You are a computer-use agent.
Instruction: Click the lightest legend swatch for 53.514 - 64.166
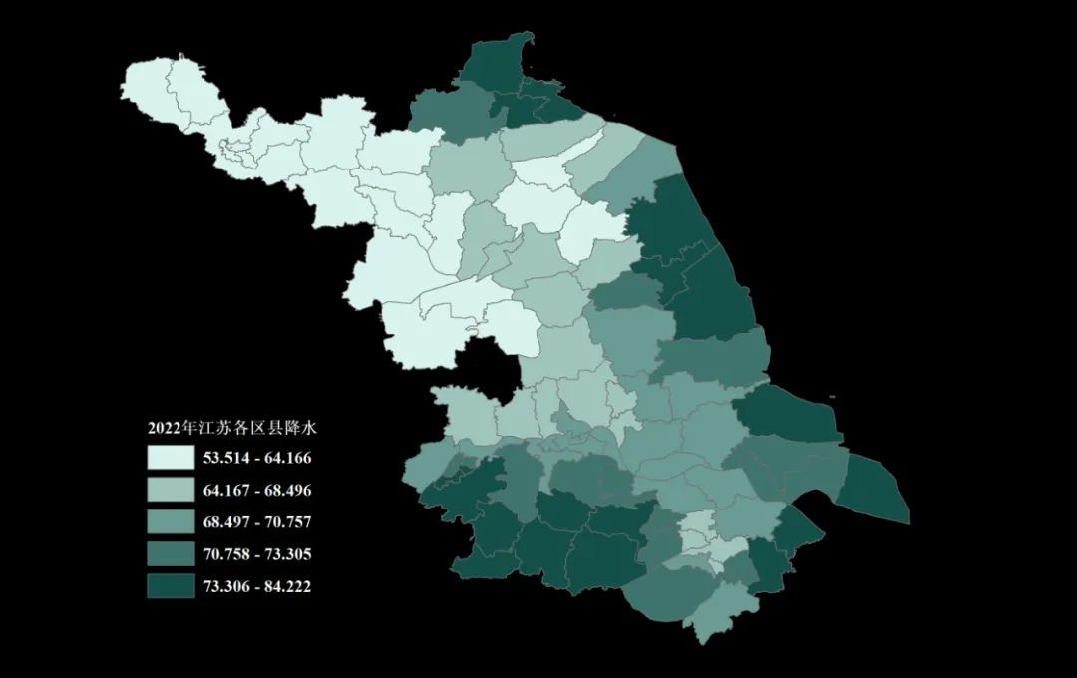click(171, 459)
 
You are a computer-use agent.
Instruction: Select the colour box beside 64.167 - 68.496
click(171, 491)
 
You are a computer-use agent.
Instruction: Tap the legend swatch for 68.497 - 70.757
click(171, 522)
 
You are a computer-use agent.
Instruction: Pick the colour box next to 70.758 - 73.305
click(171, 554)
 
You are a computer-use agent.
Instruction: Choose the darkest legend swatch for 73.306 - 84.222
click(171, 586)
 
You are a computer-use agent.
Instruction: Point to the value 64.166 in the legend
click(287, 459)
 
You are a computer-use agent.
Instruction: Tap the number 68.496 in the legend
click(287, 491)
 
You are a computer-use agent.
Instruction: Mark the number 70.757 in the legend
click(287, 522)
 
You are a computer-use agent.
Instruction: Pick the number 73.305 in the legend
click(287, 554)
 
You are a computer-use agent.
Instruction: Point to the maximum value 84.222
click(287, 586)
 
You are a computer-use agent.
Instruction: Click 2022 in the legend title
click(164, 429)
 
